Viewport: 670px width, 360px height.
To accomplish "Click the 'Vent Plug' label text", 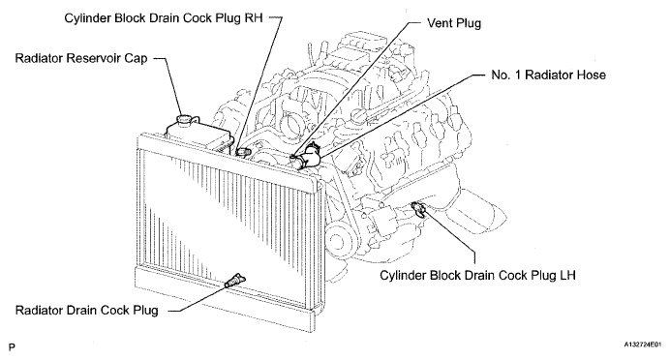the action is click(454, 23).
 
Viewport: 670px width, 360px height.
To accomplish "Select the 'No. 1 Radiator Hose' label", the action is click(548, 75).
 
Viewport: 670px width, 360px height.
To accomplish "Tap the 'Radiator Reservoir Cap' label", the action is click(81, 58).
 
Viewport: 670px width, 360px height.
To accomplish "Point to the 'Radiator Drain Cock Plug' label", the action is click(87, 310).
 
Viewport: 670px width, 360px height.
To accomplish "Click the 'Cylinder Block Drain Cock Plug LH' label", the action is click(477, 275).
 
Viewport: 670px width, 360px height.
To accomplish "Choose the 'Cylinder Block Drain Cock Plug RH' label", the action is click(164, 18).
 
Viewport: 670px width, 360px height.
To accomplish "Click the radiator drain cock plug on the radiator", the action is click(234, 281).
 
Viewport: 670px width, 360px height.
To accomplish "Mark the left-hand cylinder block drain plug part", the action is click(418, 209).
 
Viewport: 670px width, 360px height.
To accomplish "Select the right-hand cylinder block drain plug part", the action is click(243, 152).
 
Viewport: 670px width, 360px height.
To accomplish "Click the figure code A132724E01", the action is click(642, 344).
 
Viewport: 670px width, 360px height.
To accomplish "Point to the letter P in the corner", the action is click(12, 346).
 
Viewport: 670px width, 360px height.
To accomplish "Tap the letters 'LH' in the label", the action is click(567, 275).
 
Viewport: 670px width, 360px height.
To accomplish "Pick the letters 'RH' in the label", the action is click(254, 18).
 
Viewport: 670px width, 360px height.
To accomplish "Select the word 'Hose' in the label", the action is click(592, 75).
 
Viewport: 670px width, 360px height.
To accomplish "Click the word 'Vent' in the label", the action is click(440, 23).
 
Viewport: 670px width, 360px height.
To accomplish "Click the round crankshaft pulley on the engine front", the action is click(341, 242).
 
